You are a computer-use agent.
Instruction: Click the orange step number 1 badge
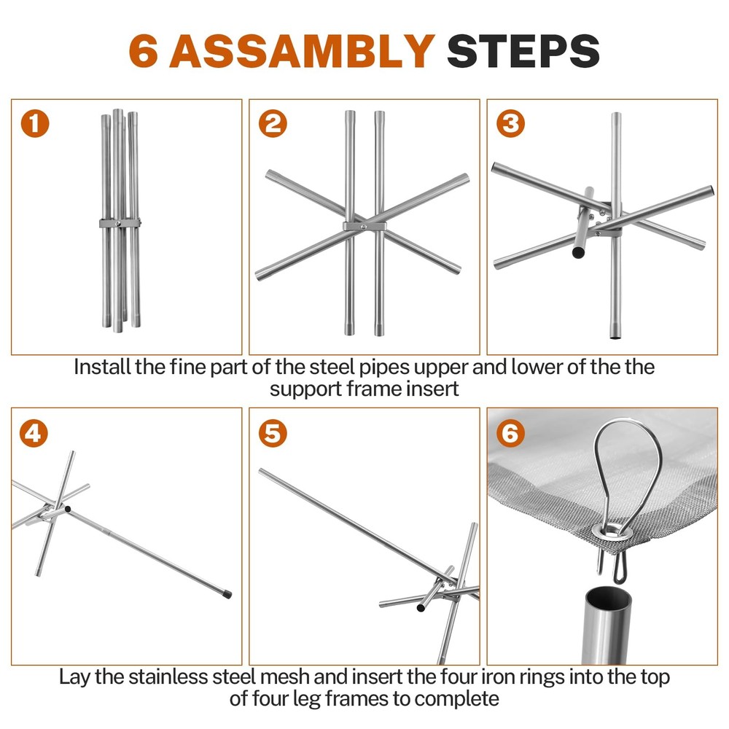35,124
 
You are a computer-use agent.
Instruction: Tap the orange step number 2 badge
273,124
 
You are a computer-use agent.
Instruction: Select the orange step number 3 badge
510,124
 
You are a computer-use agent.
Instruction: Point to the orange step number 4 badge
34,433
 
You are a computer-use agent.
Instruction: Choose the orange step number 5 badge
273,433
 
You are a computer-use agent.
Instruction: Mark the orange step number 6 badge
510,433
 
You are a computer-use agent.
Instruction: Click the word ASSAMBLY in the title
303,51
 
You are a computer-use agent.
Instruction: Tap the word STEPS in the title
523,51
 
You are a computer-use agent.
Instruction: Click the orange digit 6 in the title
143,51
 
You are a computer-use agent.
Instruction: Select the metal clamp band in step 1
120,223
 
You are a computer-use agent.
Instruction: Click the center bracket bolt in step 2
364,227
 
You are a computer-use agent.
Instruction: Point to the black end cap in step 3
579,253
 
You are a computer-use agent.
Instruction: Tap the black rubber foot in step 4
227,593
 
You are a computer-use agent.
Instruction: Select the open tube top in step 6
608,599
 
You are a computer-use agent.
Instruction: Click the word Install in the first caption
102,367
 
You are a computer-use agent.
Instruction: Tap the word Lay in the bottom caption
75,677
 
